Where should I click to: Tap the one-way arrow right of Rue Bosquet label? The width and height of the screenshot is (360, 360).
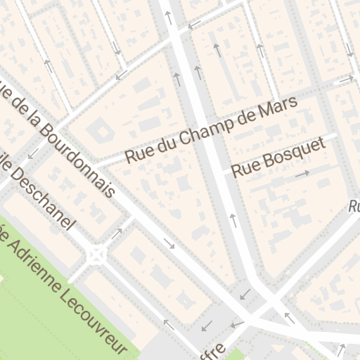(303, 173)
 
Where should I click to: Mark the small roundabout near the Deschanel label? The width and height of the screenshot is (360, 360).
(96, 254)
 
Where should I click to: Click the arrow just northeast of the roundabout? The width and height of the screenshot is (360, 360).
(117, 232)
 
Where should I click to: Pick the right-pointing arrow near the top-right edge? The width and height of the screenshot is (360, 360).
(345, 79)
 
